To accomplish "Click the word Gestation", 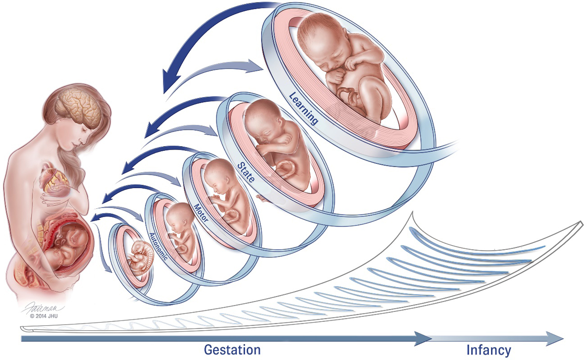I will tap(232, 350).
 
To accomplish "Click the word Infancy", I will tap(488, 350).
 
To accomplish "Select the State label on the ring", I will tap(245, 171).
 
